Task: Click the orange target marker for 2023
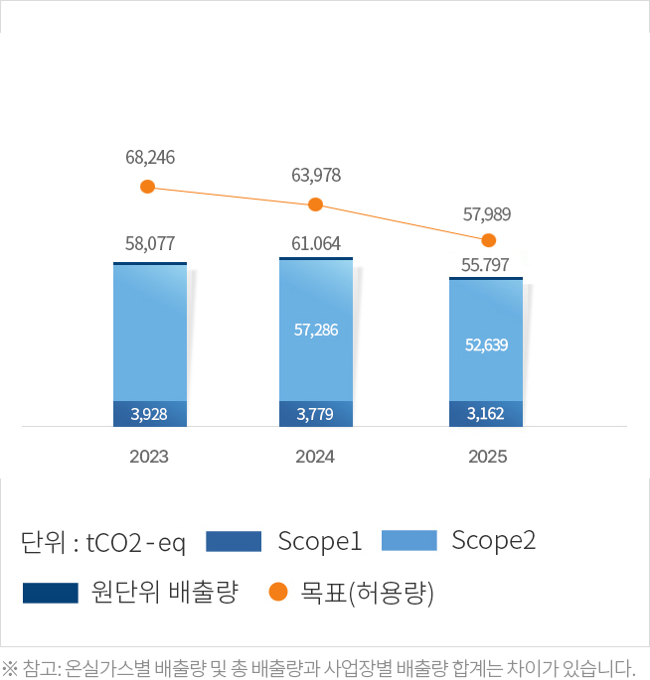pyautogui.click(x=147, y=187)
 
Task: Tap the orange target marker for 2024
pyautogui.click(x=316, y=204)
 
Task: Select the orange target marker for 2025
pyautogui.click(x=488, y=240)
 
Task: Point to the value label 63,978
pyautogui.click(x=316, y=176)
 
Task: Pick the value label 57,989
pyautogui.click(x=487, y=212)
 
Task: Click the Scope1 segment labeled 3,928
pyautogui.click(x=150, y=413)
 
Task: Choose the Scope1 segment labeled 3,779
pyautogui.click(x=316, y=413)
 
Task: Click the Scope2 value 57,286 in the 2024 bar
pyautogui.click(x=316, y=329)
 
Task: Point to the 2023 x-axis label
pyautogui.click(x=149, y=457)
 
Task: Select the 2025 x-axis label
pyautogui.click(x=487, y=457)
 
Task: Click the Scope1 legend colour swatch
pyautogui.click(x=234, y=541)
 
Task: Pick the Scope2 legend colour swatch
pyautogui.click(x=408, y=541)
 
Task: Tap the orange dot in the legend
pyautogui.click(x=278, y=593)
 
